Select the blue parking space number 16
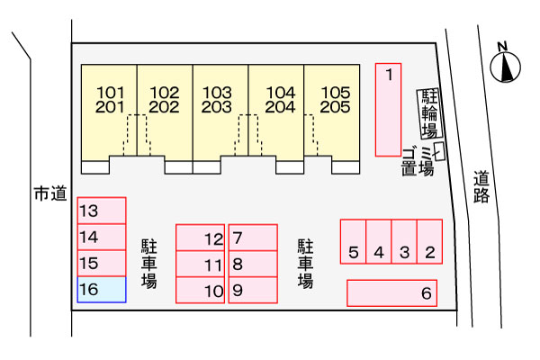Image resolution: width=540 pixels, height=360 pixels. pyautogui.click(x=101, y=290)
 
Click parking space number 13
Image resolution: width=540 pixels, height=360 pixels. pyautogui.click(x=101, y=211)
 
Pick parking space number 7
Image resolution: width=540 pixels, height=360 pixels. pyautogui.click(x=253, y=238)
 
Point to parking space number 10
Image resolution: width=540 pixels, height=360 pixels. pyautogui.click(x=200, y=291)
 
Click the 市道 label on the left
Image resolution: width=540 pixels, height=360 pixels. pyautogui.click(x=49, y=193)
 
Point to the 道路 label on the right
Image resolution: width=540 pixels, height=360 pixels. pyautogui.click(x=482, y=187)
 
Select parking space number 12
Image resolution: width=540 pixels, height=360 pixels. pyautogui.click(x=200, y=238)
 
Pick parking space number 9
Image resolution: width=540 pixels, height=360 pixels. pyautogui.click(x=253, y=291)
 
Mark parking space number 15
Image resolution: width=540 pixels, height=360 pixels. pyautogui.click(x=101, y=264)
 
